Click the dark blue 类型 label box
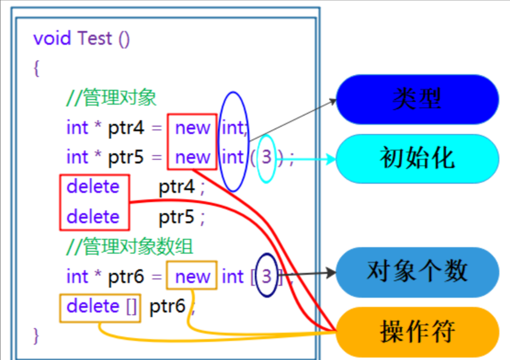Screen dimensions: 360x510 coord(417,99)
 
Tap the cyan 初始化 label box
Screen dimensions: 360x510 coord(417,158)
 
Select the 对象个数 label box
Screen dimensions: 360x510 coord(417,272)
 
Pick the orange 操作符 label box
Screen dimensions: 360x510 coord(417,332)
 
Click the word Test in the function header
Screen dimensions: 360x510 coord(94,39)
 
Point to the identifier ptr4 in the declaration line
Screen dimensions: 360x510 coord(126,129)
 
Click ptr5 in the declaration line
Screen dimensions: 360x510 coord(126,158)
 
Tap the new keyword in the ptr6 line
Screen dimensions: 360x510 coord(192,277)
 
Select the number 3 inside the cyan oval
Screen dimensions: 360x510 coord(266,158)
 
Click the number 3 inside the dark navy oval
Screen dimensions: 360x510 coord(266,276)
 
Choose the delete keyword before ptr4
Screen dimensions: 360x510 coord(93,187)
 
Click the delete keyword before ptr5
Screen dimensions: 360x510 coord(93,217)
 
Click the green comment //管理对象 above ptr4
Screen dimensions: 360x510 coord(111,98)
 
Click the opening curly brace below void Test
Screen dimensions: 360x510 coord(37,68)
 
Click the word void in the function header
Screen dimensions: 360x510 coord(52,39)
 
